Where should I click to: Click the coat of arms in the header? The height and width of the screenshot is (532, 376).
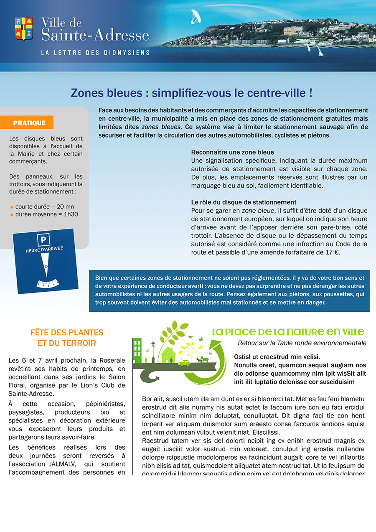pos(24,28)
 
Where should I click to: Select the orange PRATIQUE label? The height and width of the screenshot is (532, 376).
pos(29,123)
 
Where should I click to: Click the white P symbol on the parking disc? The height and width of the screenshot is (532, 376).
pos(43,240)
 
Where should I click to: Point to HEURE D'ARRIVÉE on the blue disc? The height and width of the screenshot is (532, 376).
pos(45,249)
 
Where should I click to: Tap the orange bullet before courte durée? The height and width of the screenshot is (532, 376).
pos(12,207)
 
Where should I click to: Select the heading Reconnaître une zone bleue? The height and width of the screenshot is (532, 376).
pos(232,152)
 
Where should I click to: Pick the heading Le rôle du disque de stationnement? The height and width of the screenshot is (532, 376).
pos(244,202)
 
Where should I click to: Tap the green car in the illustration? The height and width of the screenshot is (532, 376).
pos(184,362)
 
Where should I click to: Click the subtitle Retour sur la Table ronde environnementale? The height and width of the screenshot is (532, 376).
pos(302,343)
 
